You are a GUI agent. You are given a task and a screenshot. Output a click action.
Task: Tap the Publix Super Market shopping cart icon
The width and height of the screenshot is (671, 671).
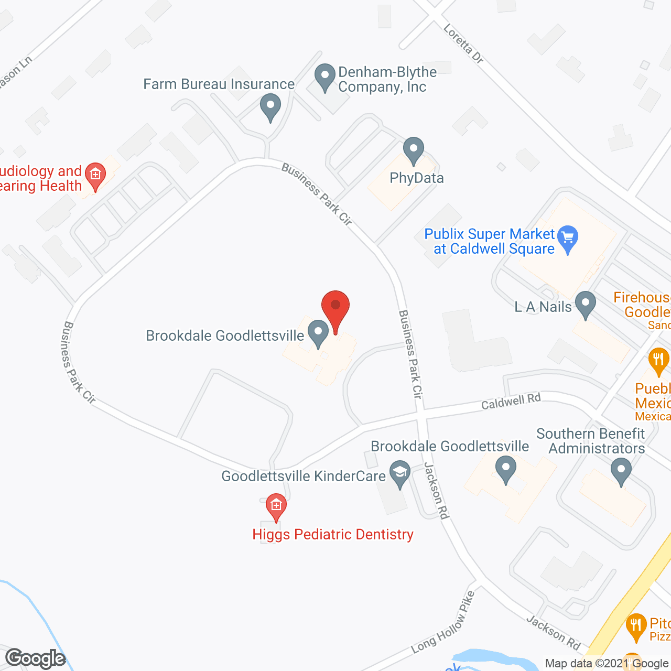(x=568, y=239)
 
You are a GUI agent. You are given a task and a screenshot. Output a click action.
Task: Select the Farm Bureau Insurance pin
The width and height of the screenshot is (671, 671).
(x=270, y=106)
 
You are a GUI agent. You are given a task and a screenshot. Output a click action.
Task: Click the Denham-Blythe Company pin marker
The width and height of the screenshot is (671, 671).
(x=325, y=77)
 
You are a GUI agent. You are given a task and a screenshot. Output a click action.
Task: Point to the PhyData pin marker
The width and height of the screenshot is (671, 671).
(x=414, y=150)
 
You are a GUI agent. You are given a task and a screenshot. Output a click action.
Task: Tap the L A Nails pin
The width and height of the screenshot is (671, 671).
(x=586, y=304)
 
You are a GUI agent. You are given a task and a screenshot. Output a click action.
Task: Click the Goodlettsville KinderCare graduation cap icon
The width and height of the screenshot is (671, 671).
(x=400, y=473)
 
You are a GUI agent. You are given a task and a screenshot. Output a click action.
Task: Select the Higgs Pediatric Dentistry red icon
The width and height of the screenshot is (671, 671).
(x=276, y=506)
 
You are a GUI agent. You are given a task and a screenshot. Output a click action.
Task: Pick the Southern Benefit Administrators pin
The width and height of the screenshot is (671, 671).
(x=621, y=470)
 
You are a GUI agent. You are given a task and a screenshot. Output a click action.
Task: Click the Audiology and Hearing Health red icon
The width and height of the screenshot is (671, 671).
(x=95, y=174)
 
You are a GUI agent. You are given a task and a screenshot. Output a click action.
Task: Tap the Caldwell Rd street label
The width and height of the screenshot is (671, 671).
(x=511, y=402)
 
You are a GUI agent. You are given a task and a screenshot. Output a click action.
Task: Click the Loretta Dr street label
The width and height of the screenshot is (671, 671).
(x=463, y=44)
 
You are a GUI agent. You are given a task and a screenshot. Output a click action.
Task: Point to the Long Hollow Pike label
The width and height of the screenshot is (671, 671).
(x=443, y=622)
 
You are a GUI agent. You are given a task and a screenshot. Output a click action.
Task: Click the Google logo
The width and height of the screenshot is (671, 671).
(x=36, y=658)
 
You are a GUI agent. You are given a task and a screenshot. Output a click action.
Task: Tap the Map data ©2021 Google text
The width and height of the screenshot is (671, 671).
(x=607, y=663)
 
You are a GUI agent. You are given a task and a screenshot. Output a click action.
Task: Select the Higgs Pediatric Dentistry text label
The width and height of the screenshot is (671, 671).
(x=333, y=534)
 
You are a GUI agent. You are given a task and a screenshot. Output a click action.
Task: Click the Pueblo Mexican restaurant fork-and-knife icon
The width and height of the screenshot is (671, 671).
(x=658, y=361)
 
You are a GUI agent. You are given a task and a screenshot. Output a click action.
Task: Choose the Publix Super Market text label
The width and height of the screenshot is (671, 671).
(x=489, y=241)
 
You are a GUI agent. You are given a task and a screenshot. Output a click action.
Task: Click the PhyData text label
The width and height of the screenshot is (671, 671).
(x=417, y=178)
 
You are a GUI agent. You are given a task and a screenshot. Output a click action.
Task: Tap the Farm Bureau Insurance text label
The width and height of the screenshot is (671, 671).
(x=219, y=84)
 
